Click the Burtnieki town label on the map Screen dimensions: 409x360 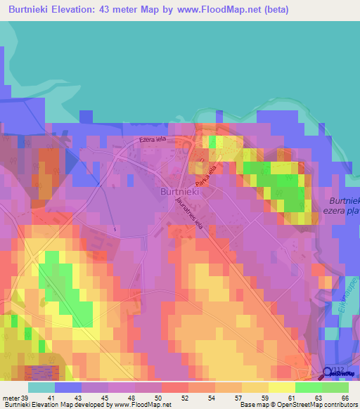click(x=177, y=191)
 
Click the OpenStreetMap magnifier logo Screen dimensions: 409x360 click(x=328, y=373)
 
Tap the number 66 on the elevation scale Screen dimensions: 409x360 click(x=345, y=397)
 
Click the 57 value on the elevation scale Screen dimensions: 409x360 click(x=238, y=397)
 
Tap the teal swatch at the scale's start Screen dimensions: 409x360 click(x=41, y=387)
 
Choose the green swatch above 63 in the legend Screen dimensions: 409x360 click(x=308, y=387)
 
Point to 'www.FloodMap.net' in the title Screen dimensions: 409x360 click(x=216, y=11)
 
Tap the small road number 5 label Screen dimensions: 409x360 click(x=113, y=229)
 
